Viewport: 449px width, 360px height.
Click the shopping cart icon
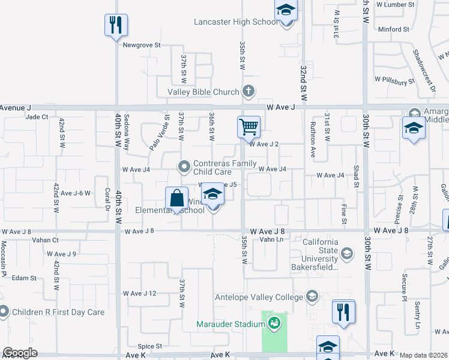tap(249, 127)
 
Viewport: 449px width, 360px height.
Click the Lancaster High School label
tap(236, 22)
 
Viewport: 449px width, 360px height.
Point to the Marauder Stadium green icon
tap(274, 325)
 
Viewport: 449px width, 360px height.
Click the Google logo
tap(20, 353)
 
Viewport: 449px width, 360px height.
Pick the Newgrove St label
tap(142, 45)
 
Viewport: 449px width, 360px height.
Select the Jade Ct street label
tap(37, 117)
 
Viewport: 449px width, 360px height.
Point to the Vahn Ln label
tap(271, 239)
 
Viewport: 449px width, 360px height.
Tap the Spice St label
tap(150, 346)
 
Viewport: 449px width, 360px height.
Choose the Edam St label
tap(25, 278)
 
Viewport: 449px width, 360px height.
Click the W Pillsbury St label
tap(394, 79)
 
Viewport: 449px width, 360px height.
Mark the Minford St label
tap(394, 29)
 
